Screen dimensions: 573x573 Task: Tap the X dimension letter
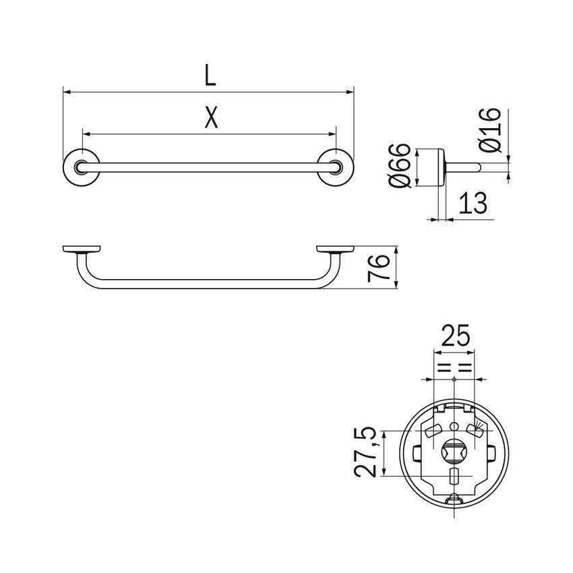click(211, 119)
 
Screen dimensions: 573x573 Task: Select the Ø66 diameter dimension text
click(399, 166)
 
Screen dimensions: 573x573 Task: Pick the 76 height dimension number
click(381, 268)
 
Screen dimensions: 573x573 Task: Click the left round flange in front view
click(80, 167)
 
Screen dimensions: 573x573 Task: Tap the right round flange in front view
click(335, 167)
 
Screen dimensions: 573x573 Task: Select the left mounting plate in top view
click(81, 248)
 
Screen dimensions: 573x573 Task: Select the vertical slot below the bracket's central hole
click(454, 479)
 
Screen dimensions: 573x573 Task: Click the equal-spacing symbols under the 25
click(454, 368)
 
